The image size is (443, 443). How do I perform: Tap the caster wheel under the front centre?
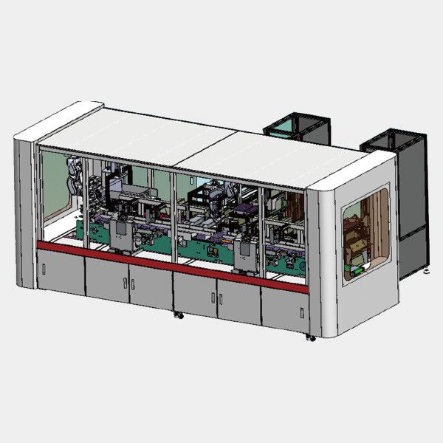[178, 315]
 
